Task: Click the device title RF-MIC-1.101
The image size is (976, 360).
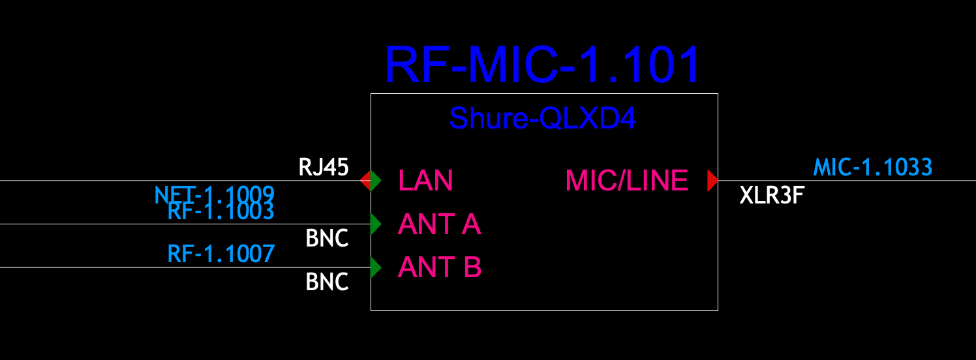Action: coord(542,65)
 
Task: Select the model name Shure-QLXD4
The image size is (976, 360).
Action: coord(542,118)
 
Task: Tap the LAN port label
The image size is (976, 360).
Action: coord(425,181)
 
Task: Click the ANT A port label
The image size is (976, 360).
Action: coord(439,224)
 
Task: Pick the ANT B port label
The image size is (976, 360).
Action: coord(439,267)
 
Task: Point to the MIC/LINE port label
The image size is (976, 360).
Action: coord(626,181)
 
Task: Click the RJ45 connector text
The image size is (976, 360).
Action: coord(324,168)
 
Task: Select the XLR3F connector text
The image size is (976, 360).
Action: coord(770,195)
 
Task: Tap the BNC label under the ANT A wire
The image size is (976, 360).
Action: coord(327,239)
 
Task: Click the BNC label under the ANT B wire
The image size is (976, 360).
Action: coord(327,282)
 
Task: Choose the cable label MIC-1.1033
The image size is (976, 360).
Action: coord(872,168)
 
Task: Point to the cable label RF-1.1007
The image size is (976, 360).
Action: coord(221,253)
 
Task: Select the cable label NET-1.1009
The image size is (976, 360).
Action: coord(214,194)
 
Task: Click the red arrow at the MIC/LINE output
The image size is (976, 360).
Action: coord(712,181)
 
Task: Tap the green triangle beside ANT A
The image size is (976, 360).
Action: coord(375,224)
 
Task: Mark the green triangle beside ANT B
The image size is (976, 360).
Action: coord(375,267)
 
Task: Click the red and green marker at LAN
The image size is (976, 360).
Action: coord(370,181)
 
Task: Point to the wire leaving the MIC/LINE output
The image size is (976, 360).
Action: coord(848,181)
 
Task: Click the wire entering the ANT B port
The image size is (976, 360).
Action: coord(130,267)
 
